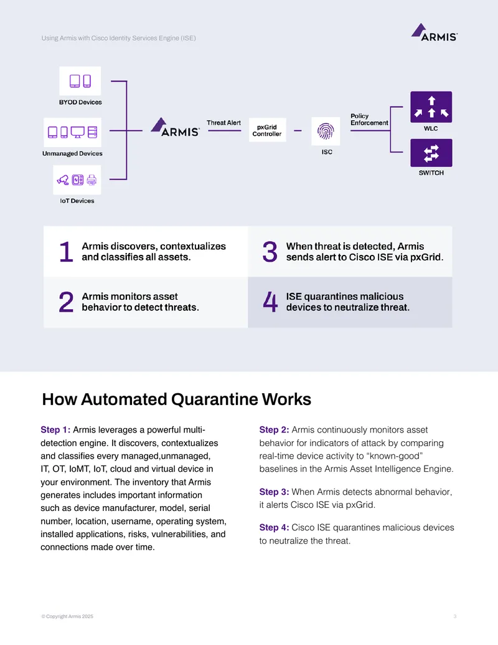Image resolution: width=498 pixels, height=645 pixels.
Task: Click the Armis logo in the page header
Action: (x=435, y=32)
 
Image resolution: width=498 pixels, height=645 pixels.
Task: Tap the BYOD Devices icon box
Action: (x=80, y=81)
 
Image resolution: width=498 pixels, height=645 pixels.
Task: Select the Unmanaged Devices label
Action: (x=72, y=153)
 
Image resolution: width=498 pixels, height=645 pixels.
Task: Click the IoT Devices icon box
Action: (x=77, y=179)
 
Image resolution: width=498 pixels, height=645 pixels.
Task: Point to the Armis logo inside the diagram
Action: (x=175, y=127)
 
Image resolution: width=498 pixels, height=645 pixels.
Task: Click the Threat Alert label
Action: (x=223, y=123)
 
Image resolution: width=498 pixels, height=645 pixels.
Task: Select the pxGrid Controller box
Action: (x=267, y=130)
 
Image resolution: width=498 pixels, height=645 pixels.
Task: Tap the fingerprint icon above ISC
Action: (x=326, y=131)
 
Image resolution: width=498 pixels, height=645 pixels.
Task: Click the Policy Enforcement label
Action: (x=369, y=119)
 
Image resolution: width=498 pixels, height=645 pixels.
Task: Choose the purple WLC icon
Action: (x=431, y=107)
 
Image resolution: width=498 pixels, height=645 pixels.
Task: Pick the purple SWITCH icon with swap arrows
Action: (x=431, y=153)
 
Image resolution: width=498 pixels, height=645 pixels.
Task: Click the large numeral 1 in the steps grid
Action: (x=66, y=251)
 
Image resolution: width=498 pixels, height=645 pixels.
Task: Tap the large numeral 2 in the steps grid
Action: (x=66, y=302)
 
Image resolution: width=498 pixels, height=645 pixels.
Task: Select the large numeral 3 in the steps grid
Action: (x=270, y=252)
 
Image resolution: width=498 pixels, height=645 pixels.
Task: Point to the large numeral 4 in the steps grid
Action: (x=270, y=302)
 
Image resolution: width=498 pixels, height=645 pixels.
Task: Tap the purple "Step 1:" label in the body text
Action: (x=55, y=430)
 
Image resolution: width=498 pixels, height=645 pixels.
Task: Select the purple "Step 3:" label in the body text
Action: (x=274, y=492)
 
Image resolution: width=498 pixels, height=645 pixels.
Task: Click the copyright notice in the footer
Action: (x=67, y=616)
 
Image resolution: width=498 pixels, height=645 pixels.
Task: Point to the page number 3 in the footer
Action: (x=455, y=616)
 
